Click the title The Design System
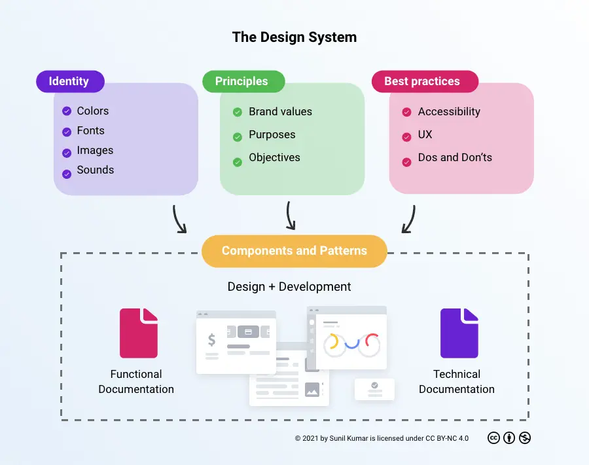[294, 37]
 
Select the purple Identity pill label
[69, 81]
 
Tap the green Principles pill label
[243, 81]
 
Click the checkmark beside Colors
[66, 111]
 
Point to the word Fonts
[91, 130]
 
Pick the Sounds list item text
[96, 170]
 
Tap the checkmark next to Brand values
[238, 112]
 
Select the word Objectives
[274, 157]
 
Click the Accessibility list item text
[449, 111]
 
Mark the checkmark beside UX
[406, 136]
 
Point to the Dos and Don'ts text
[455, 157]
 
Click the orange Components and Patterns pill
[294, 251]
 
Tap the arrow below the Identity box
[179, 219]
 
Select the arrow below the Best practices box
[409, 219]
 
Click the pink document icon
[139, 333]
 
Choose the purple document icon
[459, 333]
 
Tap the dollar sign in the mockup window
[211, 340]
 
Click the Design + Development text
[289, 287]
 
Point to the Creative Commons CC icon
[494, 438]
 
